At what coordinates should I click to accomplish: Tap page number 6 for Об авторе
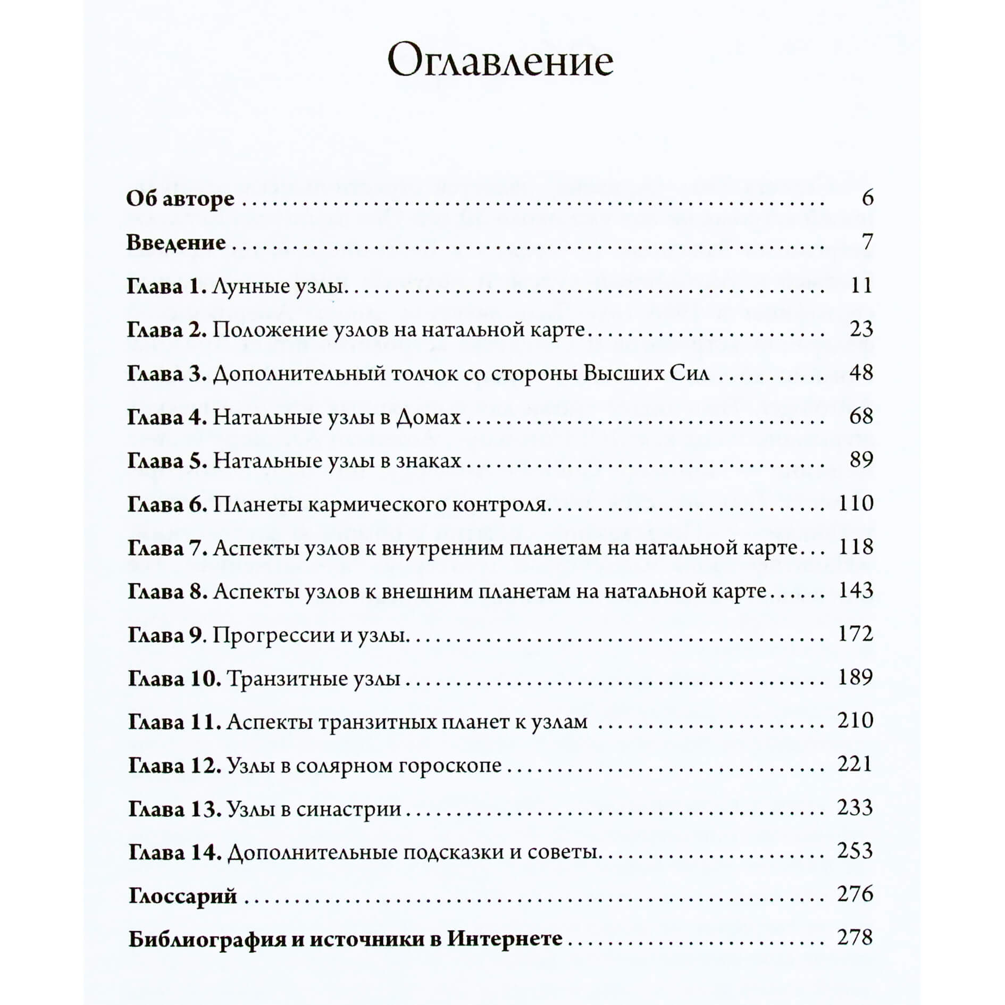867,198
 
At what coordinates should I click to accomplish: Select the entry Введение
176,242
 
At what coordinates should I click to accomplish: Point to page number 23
861,329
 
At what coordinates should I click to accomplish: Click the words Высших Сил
646,373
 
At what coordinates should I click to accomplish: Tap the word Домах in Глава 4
429,417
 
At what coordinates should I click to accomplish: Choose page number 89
861,460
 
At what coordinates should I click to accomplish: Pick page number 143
856,591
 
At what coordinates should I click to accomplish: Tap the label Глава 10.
174,679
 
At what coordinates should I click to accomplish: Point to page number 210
856,721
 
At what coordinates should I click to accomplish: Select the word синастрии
348,809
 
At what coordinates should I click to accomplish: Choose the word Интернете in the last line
505,939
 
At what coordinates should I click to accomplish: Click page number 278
855,938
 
